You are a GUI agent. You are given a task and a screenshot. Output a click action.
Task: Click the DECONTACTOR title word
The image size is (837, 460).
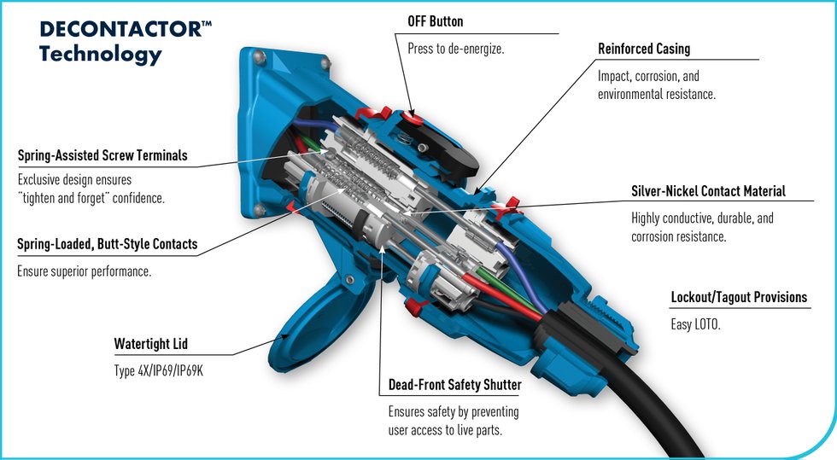(x=121, y=29)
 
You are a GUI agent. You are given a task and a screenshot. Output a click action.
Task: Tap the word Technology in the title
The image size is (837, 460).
(x=101, y=55)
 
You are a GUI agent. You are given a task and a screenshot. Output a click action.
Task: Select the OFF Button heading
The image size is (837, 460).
(x=435, y=21)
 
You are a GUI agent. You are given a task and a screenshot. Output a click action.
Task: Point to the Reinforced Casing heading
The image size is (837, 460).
(x=644, y=49)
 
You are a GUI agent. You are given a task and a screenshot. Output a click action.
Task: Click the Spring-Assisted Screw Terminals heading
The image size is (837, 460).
(x=102, y=155)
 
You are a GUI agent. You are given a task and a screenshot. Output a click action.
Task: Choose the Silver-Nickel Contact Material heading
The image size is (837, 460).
(x=708, y=191)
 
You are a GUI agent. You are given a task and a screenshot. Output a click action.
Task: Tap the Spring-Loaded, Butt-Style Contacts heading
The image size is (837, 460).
(x=108, y=244)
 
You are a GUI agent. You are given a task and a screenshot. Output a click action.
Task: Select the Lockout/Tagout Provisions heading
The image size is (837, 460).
(x=739, y=297)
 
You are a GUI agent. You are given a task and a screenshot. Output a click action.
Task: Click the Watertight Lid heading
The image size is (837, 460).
(x=150, y=344)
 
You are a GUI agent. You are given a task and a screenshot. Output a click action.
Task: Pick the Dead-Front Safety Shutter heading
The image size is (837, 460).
(x=454, y=385)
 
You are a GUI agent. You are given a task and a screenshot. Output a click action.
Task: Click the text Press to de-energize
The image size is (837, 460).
(x=456, y=49)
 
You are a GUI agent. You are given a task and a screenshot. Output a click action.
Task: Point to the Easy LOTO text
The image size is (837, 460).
(x=695, y=324)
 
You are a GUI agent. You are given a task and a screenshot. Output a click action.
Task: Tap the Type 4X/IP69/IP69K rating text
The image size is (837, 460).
(x=159, y=371)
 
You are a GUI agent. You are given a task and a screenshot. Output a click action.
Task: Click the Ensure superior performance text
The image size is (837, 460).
(x=85, y=271)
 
